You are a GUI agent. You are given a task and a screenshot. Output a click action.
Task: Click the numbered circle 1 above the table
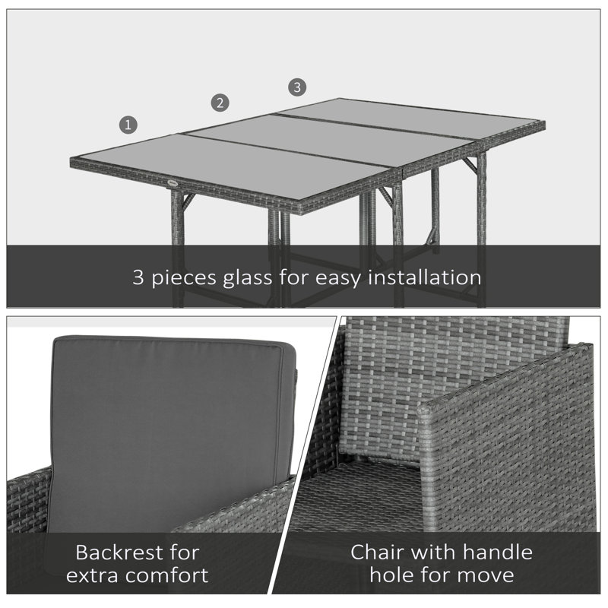tap(128, 125)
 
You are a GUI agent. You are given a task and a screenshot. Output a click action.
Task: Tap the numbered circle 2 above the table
tap(220, 103)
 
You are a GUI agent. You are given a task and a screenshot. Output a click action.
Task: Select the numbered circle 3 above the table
tap(297, 87)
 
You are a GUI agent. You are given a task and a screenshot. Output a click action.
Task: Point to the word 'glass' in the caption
tap(248, 278)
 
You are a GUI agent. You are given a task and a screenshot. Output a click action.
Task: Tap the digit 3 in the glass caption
tap(138, 277)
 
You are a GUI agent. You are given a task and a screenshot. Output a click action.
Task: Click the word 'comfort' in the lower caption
tap(166, 575)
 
